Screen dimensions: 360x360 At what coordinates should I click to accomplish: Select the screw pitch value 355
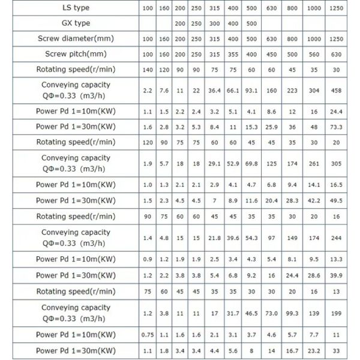pyautogui.click(x=229, y=54)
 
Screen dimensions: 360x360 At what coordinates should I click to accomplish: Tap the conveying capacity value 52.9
pyautogui.click(x=229, y=164)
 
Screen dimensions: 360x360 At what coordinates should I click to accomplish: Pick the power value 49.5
pyautogui.click(x=336, y=201)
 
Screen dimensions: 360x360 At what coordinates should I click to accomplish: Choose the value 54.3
pyautogui.click(x=251, y=238)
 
